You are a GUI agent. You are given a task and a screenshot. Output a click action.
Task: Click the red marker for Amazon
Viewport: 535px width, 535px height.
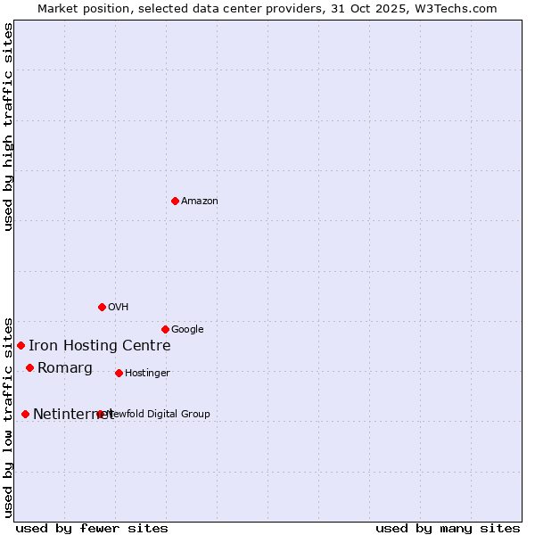175,201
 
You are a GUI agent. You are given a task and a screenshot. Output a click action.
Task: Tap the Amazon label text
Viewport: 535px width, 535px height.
200,202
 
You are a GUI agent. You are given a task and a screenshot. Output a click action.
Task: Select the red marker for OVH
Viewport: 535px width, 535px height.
102,307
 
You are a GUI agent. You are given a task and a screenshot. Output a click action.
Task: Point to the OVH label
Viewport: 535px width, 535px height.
119,308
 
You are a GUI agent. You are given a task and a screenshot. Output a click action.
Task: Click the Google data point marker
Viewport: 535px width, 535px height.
165,329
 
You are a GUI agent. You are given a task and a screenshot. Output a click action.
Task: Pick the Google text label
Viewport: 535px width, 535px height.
187,330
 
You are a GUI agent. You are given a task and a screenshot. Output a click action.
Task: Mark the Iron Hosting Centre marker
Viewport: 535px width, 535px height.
21,345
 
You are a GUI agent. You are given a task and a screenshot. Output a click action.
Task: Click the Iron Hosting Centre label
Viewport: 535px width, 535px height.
99,346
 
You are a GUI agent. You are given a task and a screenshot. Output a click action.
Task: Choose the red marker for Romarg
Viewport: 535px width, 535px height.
29,367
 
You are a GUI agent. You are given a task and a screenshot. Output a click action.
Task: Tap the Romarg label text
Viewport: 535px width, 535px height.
65,368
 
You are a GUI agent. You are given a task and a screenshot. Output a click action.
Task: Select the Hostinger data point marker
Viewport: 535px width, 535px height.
119,373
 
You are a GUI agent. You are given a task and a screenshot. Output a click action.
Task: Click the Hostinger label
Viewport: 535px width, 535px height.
147,374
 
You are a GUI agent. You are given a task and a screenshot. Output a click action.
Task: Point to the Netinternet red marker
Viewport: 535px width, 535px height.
25,414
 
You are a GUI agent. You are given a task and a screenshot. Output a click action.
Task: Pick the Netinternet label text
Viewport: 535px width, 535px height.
73,415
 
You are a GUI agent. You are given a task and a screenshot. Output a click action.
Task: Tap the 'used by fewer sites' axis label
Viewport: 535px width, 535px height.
92,528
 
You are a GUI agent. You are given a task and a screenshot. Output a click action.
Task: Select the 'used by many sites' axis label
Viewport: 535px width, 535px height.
448,528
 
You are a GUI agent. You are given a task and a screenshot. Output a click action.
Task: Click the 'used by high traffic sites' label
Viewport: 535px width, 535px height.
9,127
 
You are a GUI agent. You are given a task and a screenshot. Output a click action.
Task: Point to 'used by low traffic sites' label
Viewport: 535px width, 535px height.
9,416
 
